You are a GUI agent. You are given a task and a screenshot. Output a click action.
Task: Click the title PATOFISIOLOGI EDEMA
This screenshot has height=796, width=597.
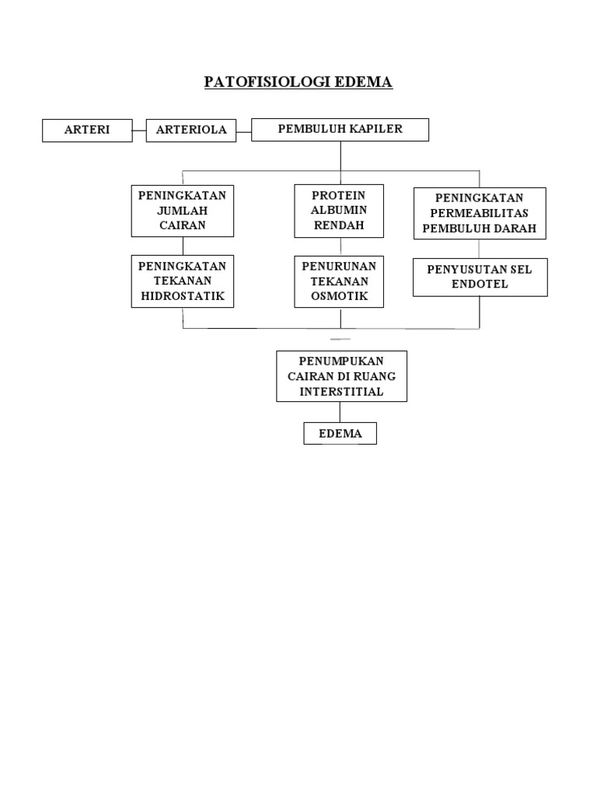(x=298, y=82)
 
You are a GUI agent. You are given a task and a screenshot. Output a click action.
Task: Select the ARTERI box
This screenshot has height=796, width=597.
(x=87, y=130)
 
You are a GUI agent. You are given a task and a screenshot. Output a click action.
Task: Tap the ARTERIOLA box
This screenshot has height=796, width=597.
(x=191, y=130)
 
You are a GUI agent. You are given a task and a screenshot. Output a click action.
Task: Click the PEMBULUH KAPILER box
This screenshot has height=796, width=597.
(x=340, y=129)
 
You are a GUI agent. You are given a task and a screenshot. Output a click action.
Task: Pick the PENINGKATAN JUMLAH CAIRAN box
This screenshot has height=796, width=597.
(x=183, y=211)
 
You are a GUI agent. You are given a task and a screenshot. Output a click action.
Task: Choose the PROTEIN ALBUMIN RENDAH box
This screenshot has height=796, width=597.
(x=338, y=211)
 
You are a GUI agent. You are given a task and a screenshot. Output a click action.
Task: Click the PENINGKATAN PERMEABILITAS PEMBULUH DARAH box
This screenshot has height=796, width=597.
(x=480, y=214)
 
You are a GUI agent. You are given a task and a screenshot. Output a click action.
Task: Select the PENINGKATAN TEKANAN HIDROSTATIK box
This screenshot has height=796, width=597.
(x=183, y=281)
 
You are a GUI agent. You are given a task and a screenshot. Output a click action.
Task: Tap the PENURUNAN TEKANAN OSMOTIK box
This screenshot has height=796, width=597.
(x=338, y=281)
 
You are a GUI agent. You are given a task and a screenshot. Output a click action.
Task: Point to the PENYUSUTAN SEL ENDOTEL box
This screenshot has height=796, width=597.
(x=480, y=277)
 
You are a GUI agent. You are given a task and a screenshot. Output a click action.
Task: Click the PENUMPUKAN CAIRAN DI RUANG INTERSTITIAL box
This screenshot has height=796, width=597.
(x=341, y=376)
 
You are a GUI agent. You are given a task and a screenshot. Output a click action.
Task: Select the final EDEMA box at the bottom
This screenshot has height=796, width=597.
(x=340, y=433)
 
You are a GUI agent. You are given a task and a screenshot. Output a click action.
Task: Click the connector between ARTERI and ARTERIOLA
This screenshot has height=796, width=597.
(x=139, y=131)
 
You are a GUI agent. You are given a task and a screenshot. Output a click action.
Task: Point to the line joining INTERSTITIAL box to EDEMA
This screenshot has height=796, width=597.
(x=340, y=412)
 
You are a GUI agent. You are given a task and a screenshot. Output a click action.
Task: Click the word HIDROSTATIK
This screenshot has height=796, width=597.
(x=183, y=295)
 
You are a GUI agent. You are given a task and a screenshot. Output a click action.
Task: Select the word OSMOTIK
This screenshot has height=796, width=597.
(x=338, y=296)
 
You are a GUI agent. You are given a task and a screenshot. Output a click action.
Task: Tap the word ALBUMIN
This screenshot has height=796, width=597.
(x=338, y=211)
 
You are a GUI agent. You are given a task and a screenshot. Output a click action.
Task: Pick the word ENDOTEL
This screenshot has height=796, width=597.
(x=480, y=285)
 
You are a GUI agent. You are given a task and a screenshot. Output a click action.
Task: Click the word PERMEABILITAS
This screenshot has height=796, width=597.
(x=480, y=214)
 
